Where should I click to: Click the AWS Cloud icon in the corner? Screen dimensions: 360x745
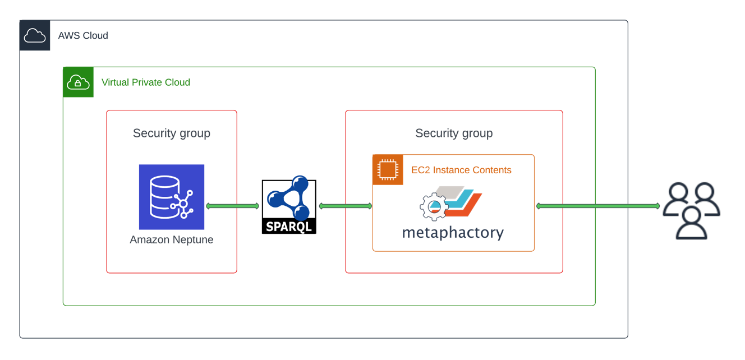[x=35, y=36]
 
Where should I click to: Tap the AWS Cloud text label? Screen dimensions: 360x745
[x=83, y=36]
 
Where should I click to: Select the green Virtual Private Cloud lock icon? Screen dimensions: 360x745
[x=78, y=82]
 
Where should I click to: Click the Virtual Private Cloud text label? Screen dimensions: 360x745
[x=146, y=82]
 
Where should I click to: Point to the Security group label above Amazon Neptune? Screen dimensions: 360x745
[x=172, y=133]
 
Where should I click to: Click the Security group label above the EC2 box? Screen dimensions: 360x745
[x=454, y=133]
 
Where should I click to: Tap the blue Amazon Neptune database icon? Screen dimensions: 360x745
[x=172, y=197]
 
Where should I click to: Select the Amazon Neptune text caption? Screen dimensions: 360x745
[x=172, y=240]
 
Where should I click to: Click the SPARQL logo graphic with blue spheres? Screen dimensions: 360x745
[x=289, y=199]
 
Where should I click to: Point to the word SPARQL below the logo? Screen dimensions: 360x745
[x=289, y=227]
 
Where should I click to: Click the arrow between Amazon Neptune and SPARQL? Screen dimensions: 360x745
[x=232, y=206]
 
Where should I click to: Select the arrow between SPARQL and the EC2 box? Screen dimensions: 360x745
[x=345, y=206]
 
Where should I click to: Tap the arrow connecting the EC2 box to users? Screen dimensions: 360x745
[x=598, y=206]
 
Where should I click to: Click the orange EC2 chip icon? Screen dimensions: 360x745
[x=388, y=170]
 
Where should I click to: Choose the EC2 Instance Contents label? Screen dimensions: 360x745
[x=461, y=170]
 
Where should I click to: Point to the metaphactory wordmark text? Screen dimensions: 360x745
[x=453, y=232]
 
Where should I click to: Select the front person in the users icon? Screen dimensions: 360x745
[x=691, y=223]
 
